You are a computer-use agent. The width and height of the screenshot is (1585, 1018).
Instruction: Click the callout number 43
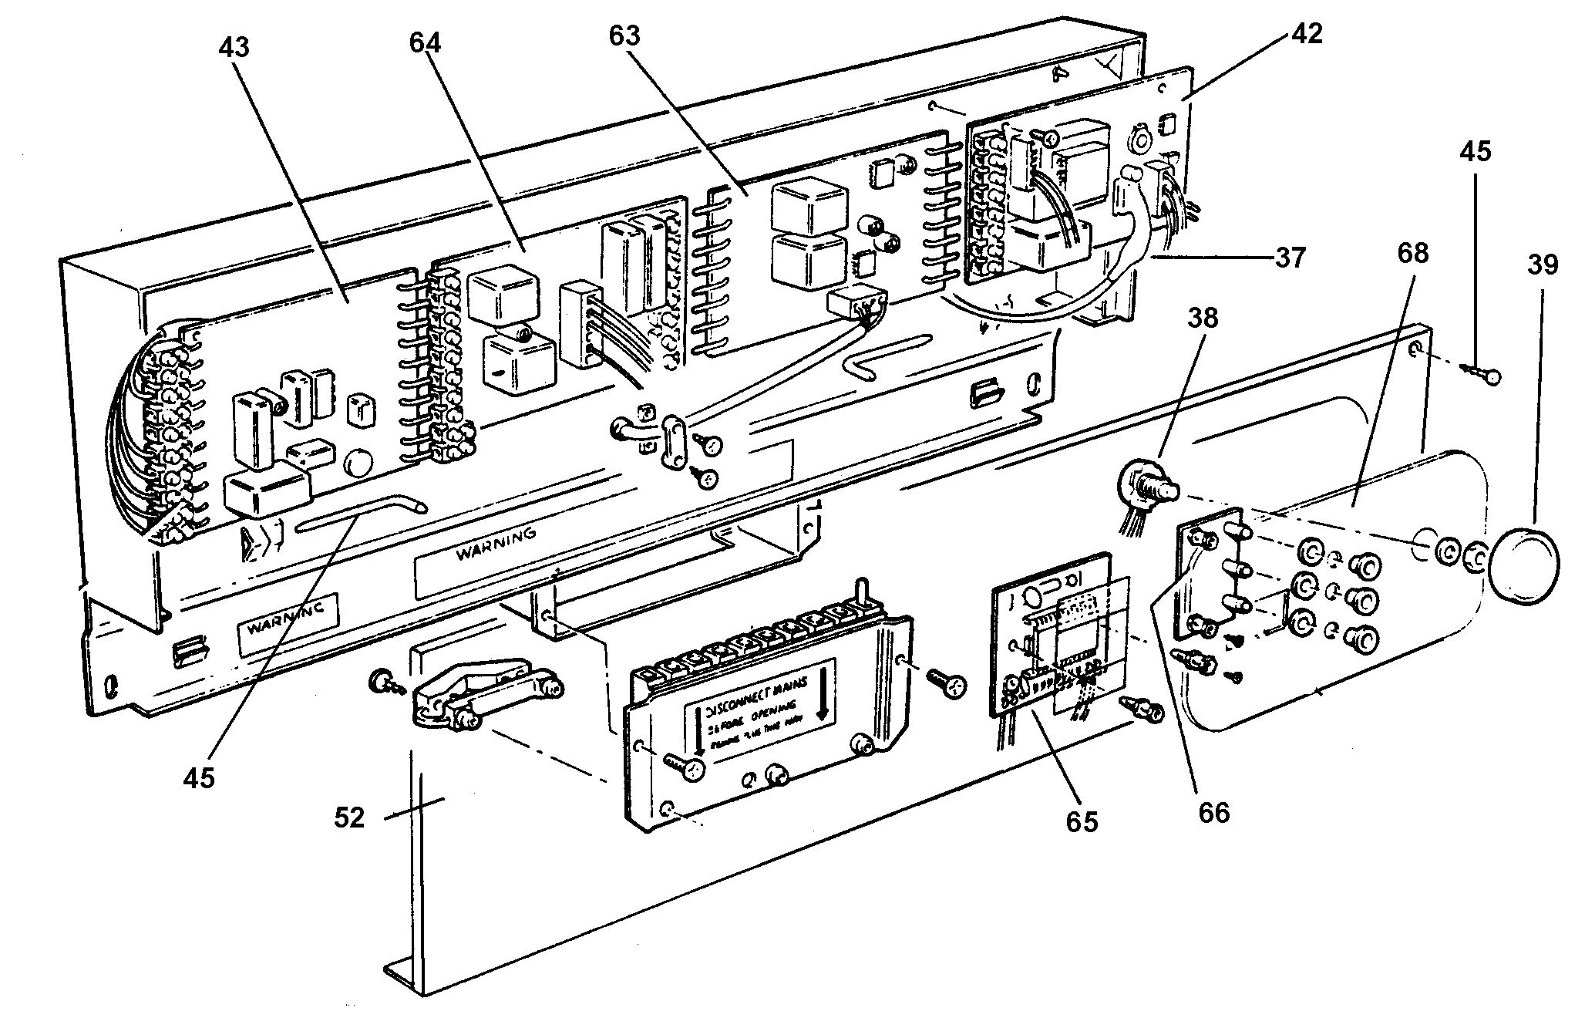point(234,47)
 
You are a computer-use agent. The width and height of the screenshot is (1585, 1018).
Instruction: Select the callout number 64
point(425,42)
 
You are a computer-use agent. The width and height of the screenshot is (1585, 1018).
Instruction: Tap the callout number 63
point(624,35)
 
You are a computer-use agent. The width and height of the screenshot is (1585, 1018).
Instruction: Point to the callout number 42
point(1303,33)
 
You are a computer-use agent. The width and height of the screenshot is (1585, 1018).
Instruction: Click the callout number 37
point(1290,257)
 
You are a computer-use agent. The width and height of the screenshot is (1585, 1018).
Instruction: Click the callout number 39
point(1541,265)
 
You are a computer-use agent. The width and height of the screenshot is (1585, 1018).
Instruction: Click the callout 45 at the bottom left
point(198,778)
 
